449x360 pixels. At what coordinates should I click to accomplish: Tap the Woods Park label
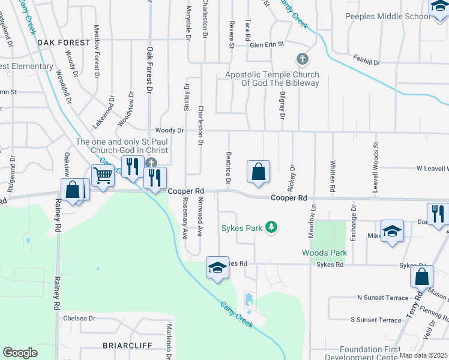(x=325, y=253)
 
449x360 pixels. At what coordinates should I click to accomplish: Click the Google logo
(x=20, y=353)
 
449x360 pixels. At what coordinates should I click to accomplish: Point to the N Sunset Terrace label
(x=382, y=298)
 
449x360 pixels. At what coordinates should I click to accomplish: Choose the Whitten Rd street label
(x=332, y=155)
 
